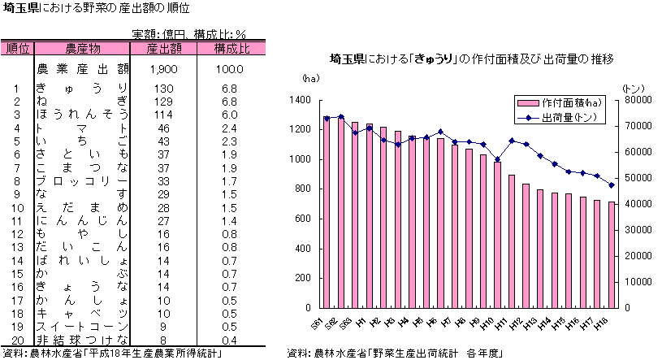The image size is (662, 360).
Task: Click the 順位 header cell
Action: tap(17, 48)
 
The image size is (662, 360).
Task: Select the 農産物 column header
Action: tap(82, 48)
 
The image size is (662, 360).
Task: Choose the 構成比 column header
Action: tap(231, 48)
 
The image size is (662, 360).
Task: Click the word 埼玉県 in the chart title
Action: tap(347, 59)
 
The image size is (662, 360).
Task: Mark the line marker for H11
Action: tap(512, 141)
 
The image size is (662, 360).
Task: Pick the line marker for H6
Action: tap(440, 132)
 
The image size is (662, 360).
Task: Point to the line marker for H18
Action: tap(612, 184)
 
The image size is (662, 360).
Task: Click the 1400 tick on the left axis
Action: tap(299, 100)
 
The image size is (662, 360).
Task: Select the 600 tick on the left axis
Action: tap(301, 219)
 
